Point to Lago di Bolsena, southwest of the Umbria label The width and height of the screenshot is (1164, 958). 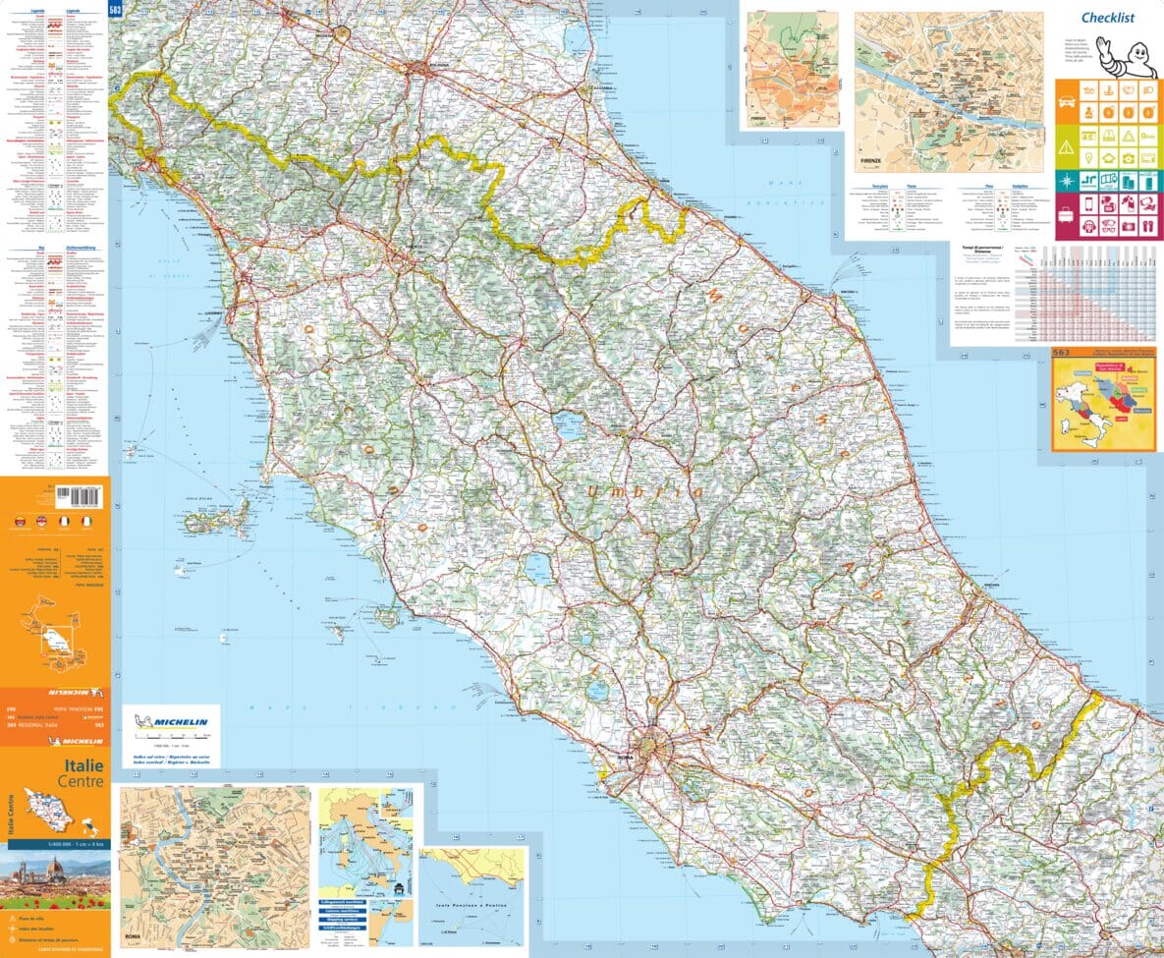click(536, 568)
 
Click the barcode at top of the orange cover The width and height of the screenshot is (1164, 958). click(83, 494)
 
